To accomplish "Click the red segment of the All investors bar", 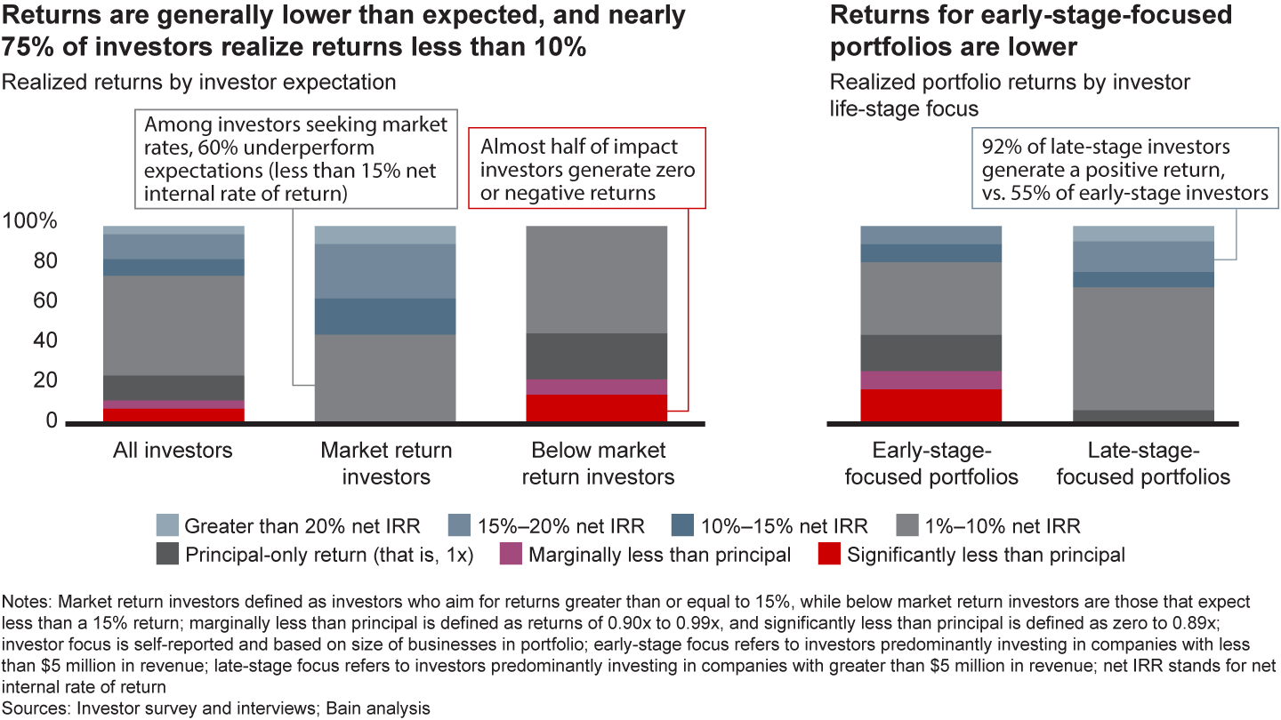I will pyautogui.click(x=173, y=415).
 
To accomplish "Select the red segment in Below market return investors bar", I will pyautogui.click(x=598, y=408).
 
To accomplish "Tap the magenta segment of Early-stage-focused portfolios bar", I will pyautogui.click(x=931, y=380).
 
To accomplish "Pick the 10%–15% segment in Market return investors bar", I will pyautogui.click(x=385, y=316).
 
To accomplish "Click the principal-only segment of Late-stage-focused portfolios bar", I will pyautogui.click(x=1143, y=415).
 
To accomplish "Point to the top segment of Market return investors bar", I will pyautogui.click(x=385, y=235).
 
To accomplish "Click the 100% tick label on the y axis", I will pyautogui.click(x=29, y=222).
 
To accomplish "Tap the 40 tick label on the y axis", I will pyautogui.click(x=45, y=341).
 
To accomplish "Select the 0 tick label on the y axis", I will pyautogui.click(x=51, y=420).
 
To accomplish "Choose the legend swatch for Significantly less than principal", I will pyautogui.click(x=828, y=556).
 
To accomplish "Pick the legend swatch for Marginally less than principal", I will pyautogui.click(x=510, y=556).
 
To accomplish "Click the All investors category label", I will pyautogui.click(x=173, y=451).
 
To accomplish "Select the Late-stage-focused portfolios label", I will pyautogui.click(x=1143, y=463).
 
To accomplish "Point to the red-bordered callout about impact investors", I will pyautogui.click(x=586, y=168).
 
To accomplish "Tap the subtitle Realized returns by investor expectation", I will pyautogui.click(x=199, y=83).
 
